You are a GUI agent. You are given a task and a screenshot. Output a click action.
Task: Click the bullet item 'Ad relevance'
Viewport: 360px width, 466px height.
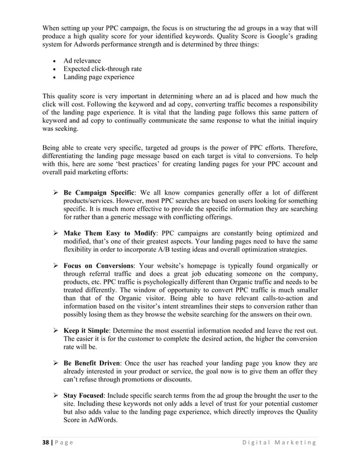click(x=82, y=61)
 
